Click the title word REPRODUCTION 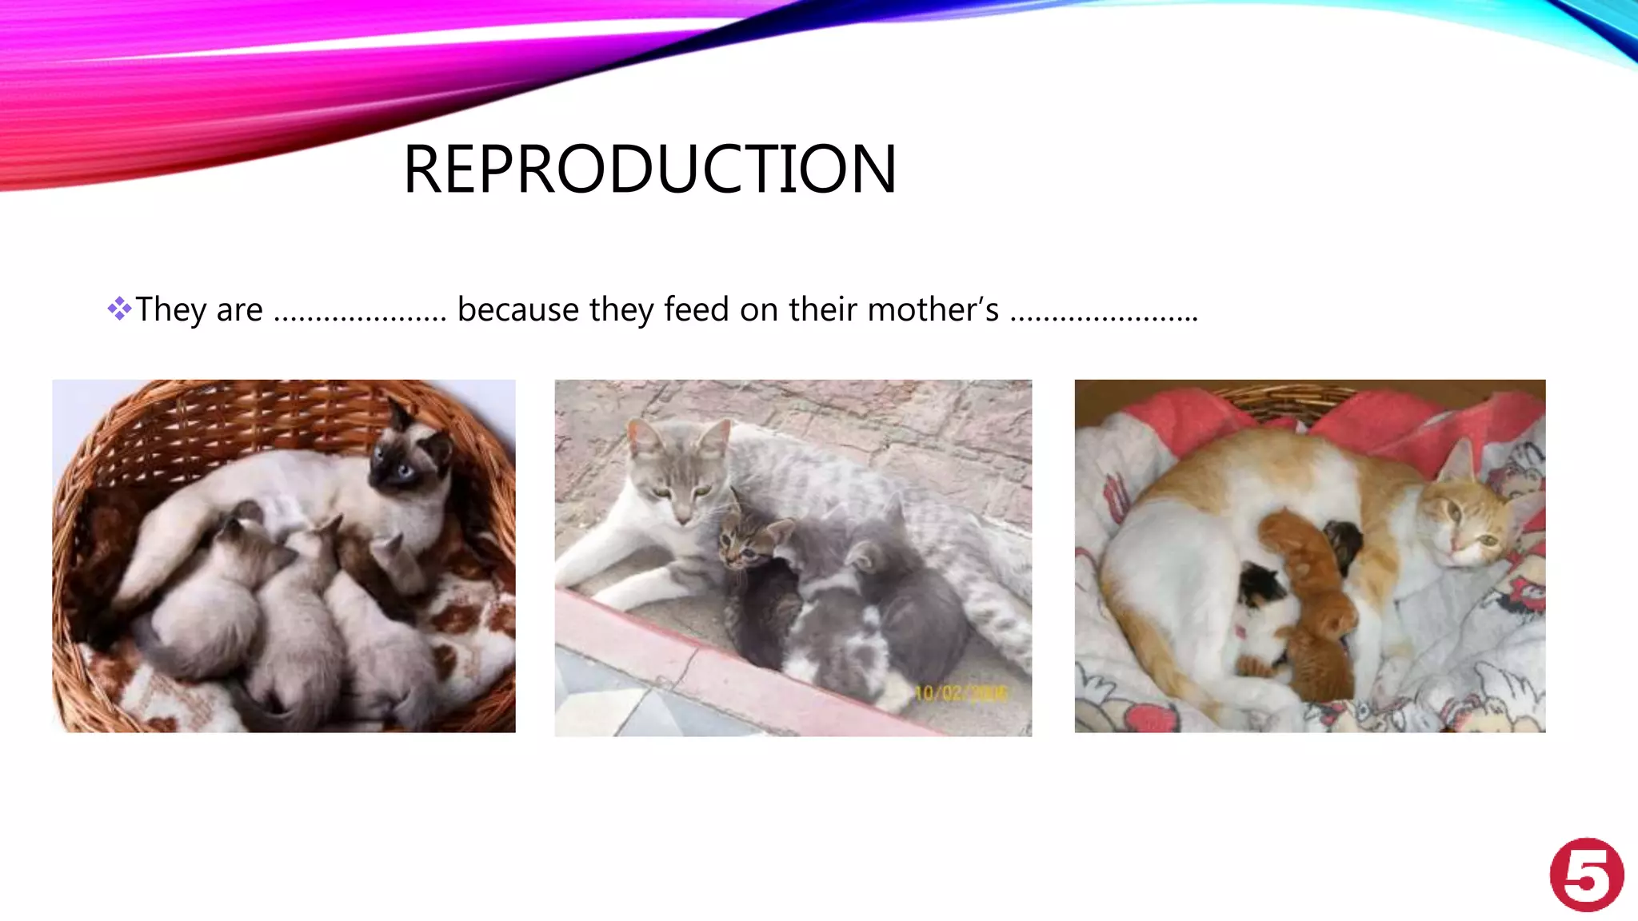(649, 169)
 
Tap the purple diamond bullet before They (119, 309)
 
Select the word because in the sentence (517, 309)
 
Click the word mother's (933, 309)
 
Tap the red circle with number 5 (1586, 875)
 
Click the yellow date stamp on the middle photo (960, 692)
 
